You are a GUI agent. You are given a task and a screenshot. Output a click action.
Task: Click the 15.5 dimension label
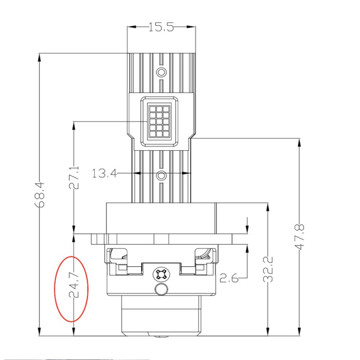coord(161,27)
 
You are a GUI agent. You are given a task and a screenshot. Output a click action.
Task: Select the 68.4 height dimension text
coord(40,194)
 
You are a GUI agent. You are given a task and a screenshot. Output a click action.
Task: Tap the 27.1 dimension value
coord(74,177)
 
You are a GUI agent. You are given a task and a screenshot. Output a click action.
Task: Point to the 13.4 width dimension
coord(104,173)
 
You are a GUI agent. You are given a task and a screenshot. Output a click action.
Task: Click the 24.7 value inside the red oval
coord(74,285)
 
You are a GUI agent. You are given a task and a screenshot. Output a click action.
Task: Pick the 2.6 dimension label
coord(229,278)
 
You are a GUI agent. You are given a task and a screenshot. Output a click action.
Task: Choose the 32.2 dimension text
coord(268,269)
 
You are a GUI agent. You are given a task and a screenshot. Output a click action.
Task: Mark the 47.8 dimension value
coord(299,237)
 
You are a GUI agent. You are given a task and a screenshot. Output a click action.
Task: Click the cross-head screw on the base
coord(161,274)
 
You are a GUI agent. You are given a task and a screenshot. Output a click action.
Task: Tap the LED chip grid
coord(159,121)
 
